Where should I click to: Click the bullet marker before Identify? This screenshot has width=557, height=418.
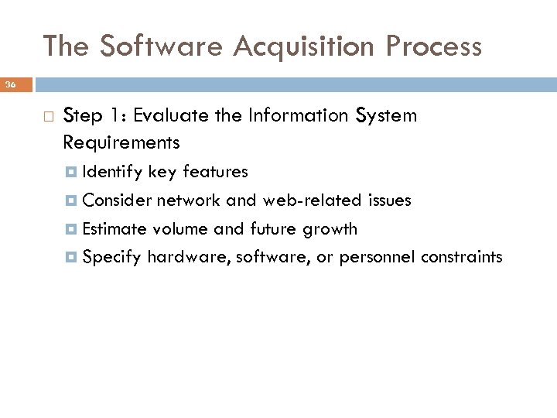pyautogui.click(x=73, y=172)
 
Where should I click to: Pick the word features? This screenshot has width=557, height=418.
pyautogui.click(x=216, y=172)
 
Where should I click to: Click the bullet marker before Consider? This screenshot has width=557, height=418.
pyautogui.click(x=73, y=200)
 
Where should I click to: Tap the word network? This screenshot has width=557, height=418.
pyautogui.click(x=189, y=200)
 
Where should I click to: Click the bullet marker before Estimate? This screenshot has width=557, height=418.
pyautogui.click(x=73, y=228)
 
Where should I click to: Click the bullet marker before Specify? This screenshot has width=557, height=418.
pyautogui.click(x=73, y=257)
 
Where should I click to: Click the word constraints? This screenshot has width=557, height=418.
pyautogui.click(x=461, y=257)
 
